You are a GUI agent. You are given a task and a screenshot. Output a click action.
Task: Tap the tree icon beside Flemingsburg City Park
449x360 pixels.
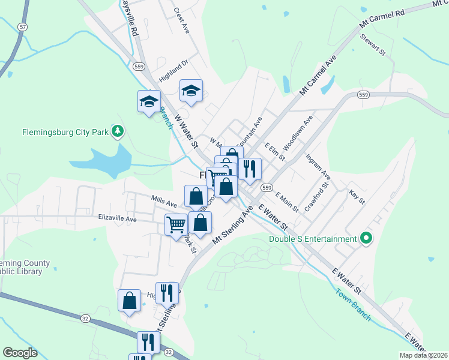(119, 131)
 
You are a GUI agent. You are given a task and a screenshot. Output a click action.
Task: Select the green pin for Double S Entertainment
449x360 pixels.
(366, 239)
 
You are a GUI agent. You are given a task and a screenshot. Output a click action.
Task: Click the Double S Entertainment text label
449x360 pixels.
(313, 239)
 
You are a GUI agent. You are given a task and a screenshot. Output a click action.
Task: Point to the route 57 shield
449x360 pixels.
(22, 27)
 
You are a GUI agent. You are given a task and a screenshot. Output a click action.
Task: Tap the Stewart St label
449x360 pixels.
(372, 44)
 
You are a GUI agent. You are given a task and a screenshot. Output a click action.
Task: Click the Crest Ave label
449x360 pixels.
(181, 20)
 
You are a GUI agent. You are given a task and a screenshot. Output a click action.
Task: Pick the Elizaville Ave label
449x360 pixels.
(118, 220)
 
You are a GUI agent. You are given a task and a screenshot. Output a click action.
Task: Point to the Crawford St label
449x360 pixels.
(318, 197)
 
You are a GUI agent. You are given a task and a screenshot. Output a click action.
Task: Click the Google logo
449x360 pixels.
(20, 353)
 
